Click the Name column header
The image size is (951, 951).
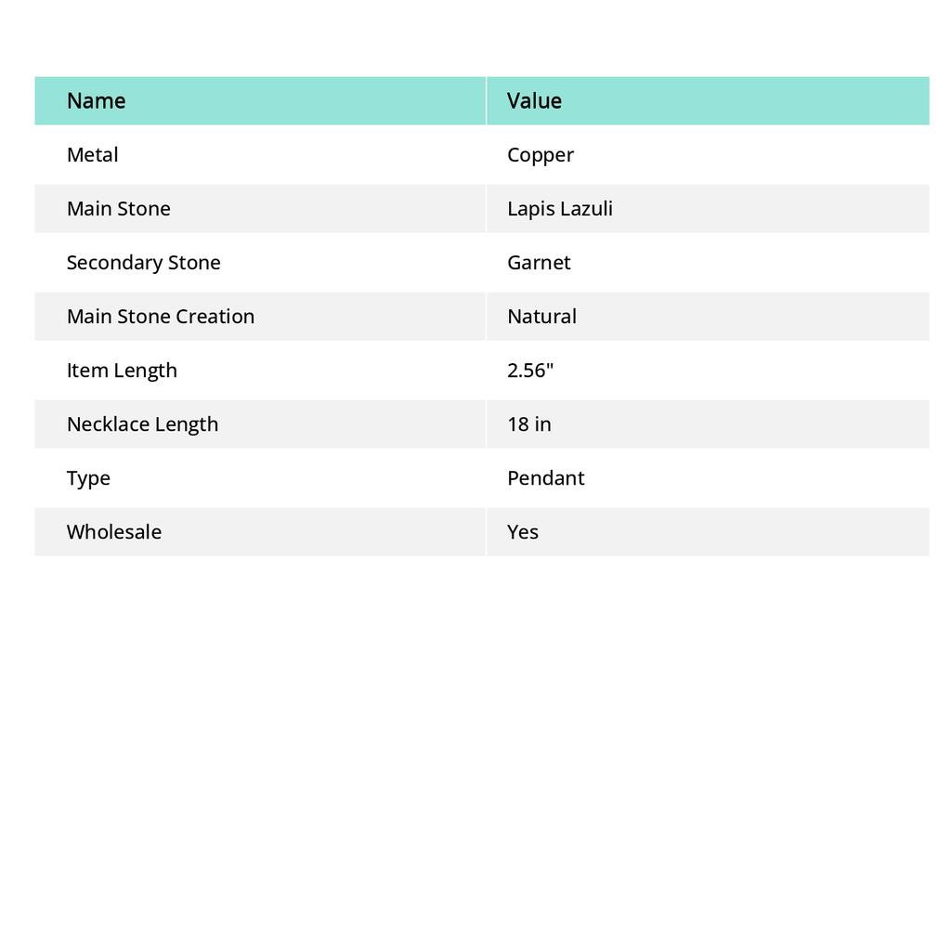96,100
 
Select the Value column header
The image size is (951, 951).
534,100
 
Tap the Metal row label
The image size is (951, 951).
92,154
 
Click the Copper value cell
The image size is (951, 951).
541,154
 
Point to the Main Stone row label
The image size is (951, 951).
118,208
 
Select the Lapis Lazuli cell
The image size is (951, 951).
559,208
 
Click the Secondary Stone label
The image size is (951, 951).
143,262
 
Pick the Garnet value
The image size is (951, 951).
539,262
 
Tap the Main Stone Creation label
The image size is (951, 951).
160,316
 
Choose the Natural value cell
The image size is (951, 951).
541,316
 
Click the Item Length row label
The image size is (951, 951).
122,370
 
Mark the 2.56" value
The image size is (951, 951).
530,370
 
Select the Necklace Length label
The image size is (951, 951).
142,423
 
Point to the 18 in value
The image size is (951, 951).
528,423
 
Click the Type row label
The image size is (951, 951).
88,477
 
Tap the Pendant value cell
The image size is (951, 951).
545,477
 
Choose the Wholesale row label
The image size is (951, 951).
113,531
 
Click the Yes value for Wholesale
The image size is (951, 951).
523,531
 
